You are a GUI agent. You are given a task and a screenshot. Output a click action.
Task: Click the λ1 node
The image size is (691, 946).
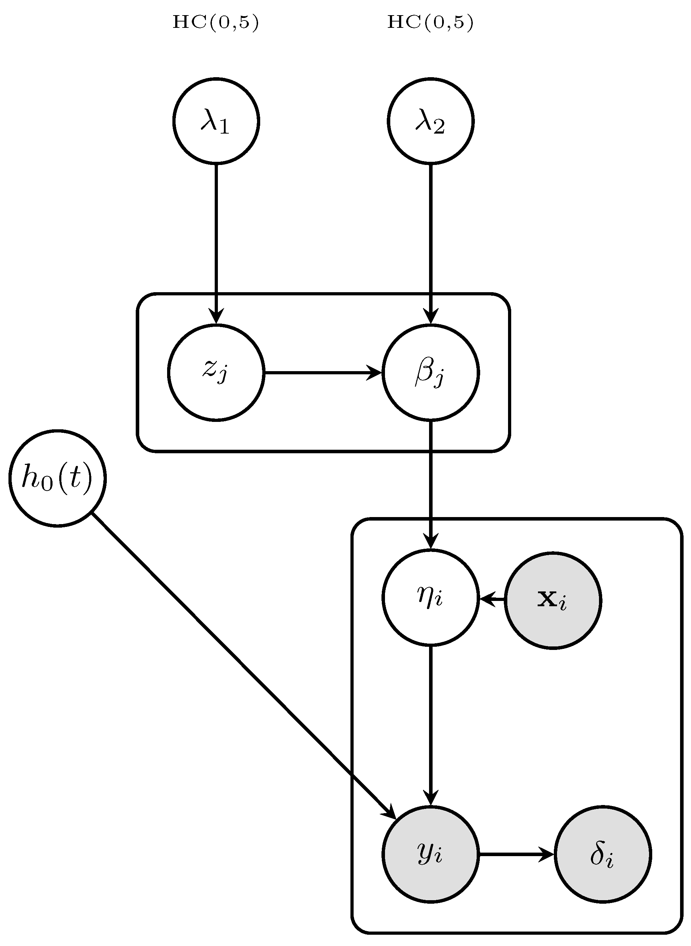tap(216, 121)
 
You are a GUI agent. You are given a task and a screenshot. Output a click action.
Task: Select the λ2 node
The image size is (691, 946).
tap(430, 121)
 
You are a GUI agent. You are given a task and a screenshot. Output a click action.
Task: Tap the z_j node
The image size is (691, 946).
tap(216, 372)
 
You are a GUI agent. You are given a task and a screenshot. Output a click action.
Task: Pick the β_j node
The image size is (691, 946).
tap(430, 372)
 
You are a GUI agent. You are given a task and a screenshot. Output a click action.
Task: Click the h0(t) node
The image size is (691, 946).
tap(57, 478)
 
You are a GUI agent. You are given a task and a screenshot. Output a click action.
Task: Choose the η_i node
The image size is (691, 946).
tap(430, 598)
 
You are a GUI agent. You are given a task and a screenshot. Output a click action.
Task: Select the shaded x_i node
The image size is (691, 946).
tap(552, 601)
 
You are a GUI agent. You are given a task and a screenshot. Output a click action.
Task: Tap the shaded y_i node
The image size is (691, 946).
tap(430, 854)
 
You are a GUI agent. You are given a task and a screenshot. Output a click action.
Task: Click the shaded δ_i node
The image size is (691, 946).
tap(603, 854)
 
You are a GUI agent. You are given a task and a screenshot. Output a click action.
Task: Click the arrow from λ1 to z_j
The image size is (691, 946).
tap(216, 242)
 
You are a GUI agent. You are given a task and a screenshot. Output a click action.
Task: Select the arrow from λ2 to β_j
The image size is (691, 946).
tap(430, 242)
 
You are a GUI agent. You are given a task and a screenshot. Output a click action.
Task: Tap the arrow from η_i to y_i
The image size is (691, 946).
tap(430, 724)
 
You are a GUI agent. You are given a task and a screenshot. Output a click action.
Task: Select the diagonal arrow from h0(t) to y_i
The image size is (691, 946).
tap(243, 665)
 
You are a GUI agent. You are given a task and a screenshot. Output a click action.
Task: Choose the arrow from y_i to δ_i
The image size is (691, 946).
tap(516, 854)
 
